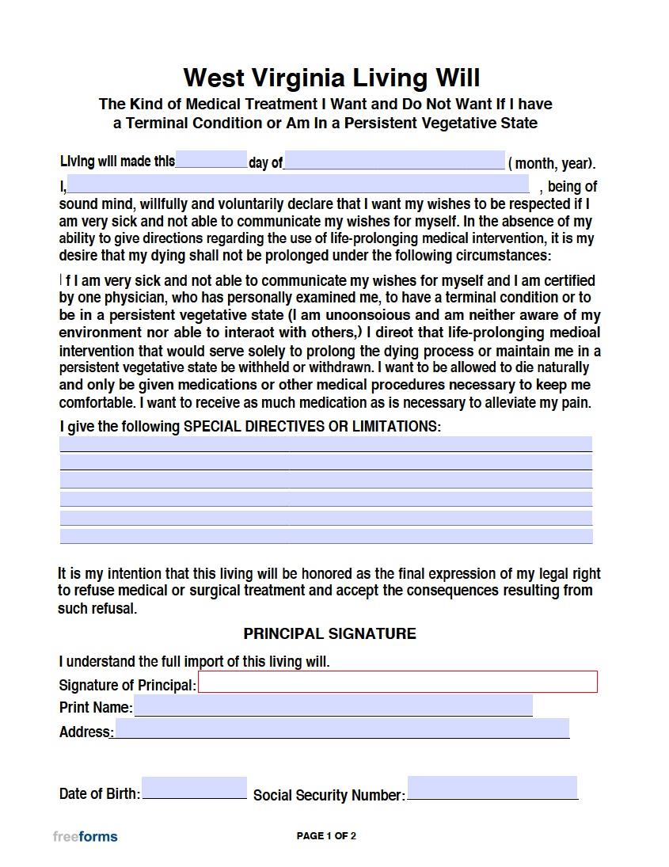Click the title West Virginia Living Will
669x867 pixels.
click(332, 78)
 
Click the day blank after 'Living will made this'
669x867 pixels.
click(211, 160)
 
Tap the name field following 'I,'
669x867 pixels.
click(298, 184)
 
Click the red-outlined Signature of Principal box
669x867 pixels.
click(397, 682)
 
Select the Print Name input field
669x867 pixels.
click(333, 705)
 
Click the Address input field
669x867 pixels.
click(342, 728)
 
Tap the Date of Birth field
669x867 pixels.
click(194, 788)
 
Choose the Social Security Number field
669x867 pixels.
click(492, 788)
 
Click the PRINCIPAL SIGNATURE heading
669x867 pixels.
click(329, 634)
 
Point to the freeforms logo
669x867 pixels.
click(85, 836)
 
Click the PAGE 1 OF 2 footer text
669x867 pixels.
click(326, 836)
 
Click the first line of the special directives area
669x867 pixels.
click(325, 443)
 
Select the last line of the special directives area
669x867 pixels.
click(325, 536)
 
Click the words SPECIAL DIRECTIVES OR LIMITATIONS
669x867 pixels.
click(311, 426)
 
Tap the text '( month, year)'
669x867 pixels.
click(551, 164)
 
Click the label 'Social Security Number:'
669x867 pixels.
click(329, 795)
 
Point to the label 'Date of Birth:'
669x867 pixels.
click(99, 793)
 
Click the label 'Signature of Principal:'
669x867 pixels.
click(127, 685)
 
